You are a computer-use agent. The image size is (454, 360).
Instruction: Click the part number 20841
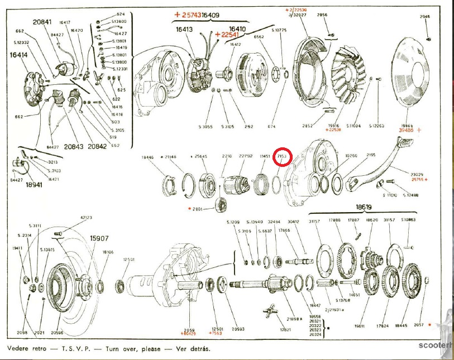point(42,23)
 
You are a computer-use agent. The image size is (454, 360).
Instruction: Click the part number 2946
point(426,17)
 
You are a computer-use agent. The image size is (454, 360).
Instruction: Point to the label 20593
point(238,329)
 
